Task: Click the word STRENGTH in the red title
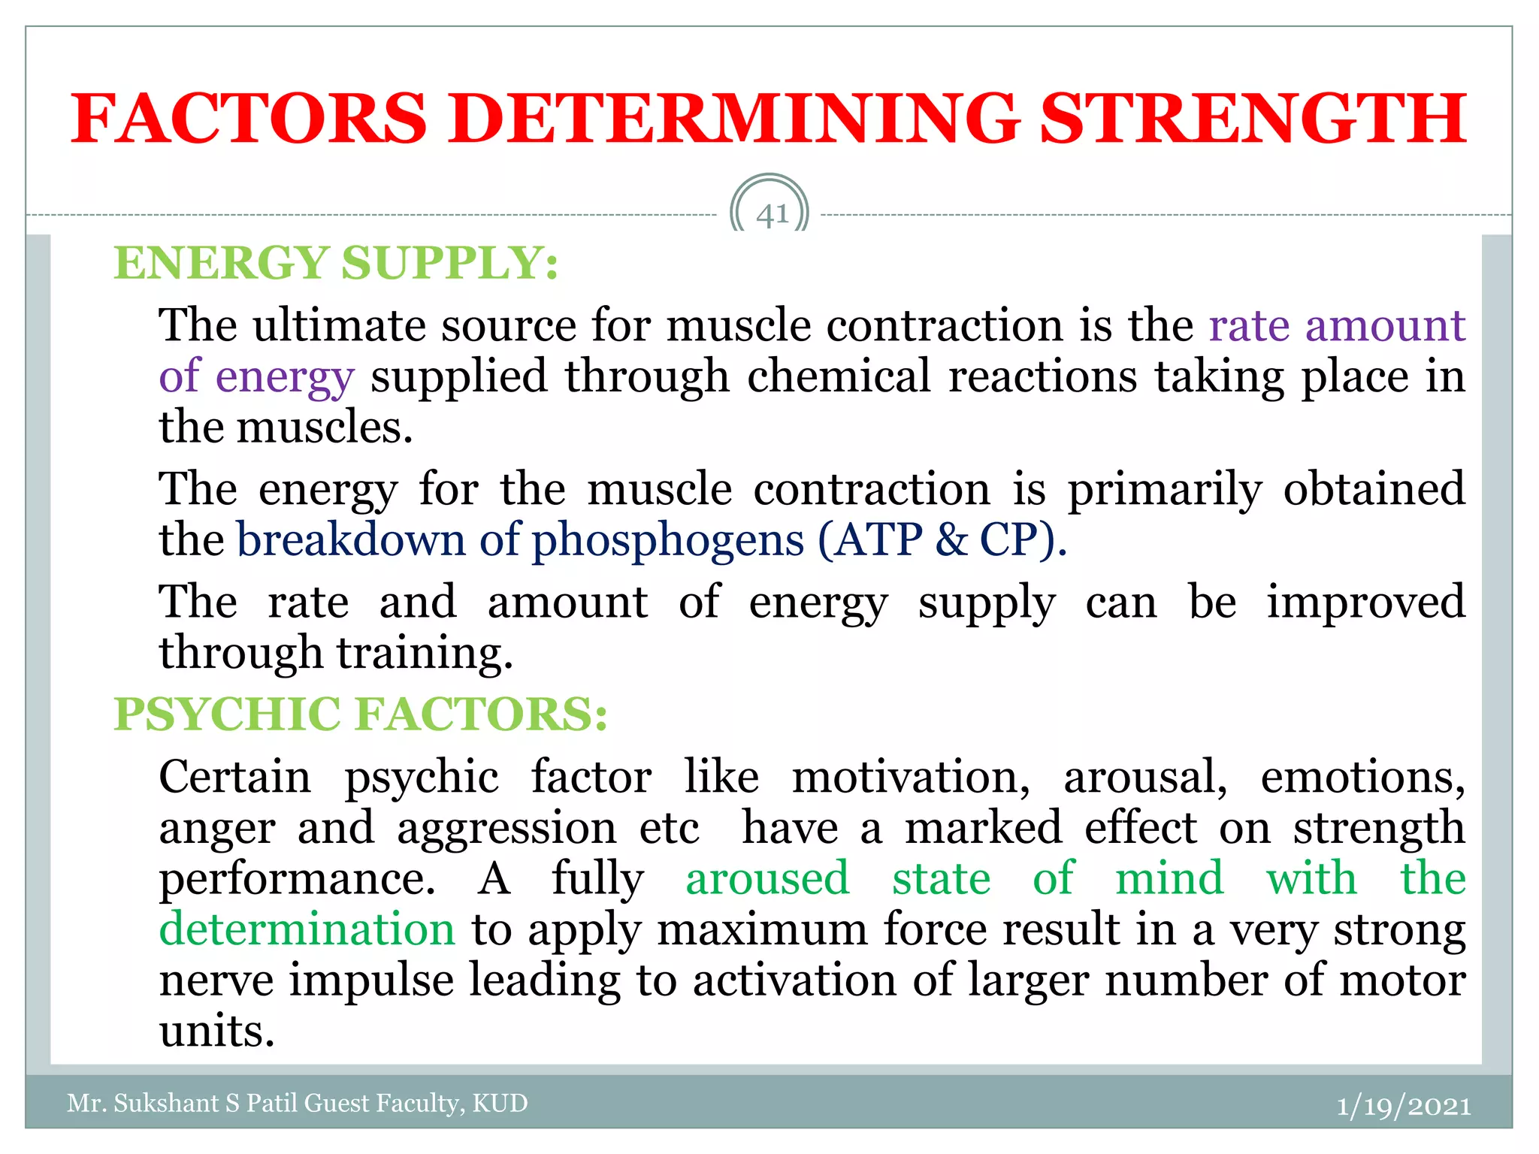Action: click(x=1253, y=119)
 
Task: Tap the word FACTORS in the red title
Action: click(x=249, y=119)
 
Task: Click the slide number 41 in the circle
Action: click(x=772, y=216)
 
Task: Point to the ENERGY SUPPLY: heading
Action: click(x=336, y=263)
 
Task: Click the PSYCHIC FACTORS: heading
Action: click(x=361, y=714)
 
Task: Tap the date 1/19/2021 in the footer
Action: click(x=1403, y=1106)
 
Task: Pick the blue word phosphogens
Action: click(x=668, y=541)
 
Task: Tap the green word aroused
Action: click(x=767, y=878)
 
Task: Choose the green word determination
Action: click(x=307, y=929)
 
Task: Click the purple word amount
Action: click(x=1385, y=326)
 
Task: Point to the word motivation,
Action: click(x=912, y=777)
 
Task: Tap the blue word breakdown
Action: click(x=351, y=539)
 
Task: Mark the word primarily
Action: click(x=1165, y=490)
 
